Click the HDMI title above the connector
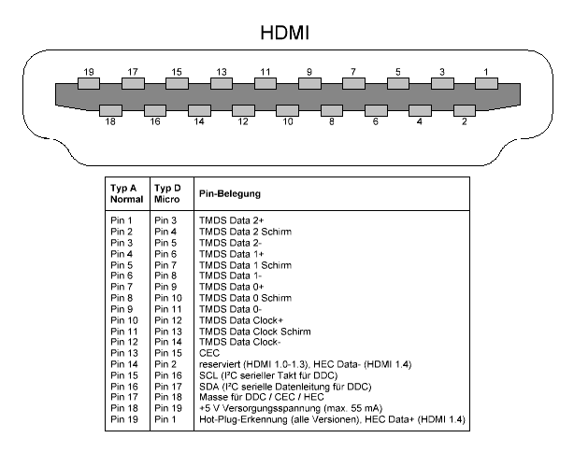pyautogui.click(x=285, y=33)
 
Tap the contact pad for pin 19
pyautogui.click(x=89, y=83)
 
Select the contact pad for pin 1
pyautogui.click(x=486, y=83)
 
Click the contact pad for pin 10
pyautogui.click(x=287, y=110)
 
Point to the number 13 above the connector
pyautogui.click(x=222, y=72)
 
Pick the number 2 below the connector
pyautogui.click(x=465, y=121)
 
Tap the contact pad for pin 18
pyautogui.click(x=110, y=110)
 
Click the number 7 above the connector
pyautogui.click(x=353, y=72)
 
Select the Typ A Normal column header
pyautogui.click(x=126, y=193)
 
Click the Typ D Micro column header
pyautogui.click(x=167, y=193)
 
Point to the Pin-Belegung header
pyautogui.click(x=230, y=193)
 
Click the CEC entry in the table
pyautogui.click(x=209, y=353)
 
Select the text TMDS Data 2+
pyautogui.click(x=231, y=220)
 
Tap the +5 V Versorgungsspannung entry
pyautogui.click(x=291, y=408)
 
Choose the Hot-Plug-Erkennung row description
pyautogui.click(x=332, y=419)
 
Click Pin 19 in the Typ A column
pyautogui.click(x=124, y=419)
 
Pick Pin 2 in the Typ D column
pyautogui.click(x=165, y=364)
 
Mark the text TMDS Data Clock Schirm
pyautogui.click(x=255, y=332)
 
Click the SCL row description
pyautogui.click(x=268, y=375)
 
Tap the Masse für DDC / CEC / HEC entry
pyautogui.click(x=262, y=397)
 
